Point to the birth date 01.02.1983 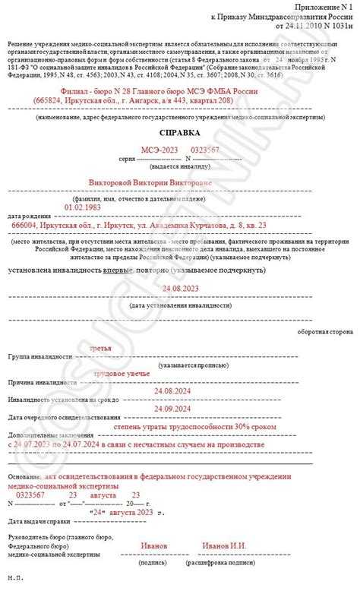click(x=83, y=206)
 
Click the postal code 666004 click(x=24, y=225)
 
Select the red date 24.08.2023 click(x=180, y=289)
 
